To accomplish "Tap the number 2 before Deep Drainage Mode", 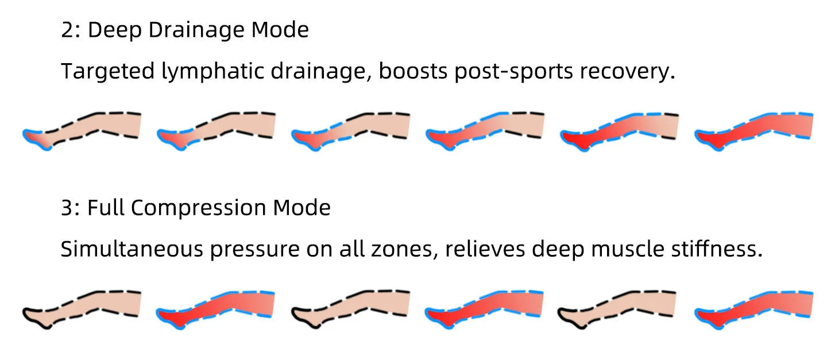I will click(68, 30).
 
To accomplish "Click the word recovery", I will click(627, 72).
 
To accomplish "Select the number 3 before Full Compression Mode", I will click(68, 207).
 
